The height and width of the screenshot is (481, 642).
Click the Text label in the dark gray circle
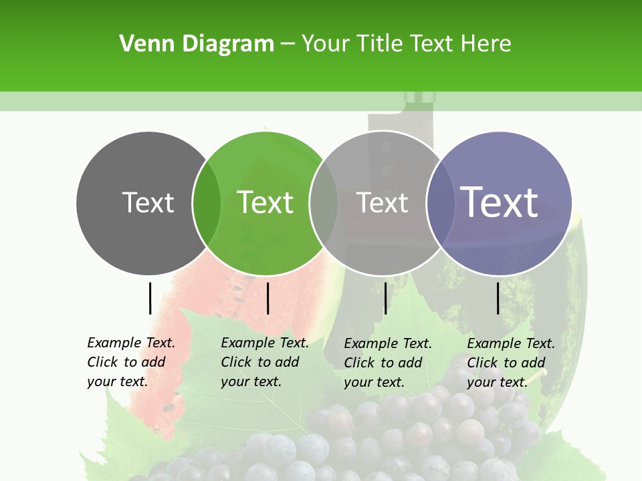[x=148, y=202]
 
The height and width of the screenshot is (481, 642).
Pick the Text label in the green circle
[x=265, y=202]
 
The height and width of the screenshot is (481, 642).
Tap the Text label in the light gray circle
[x=382, y=202]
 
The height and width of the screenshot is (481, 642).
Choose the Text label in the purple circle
[x=499, y=202]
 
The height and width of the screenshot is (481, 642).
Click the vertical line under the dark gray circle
[x=150, y=298]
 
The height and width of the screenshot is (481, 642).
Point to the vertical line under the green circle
[x=267, y=298]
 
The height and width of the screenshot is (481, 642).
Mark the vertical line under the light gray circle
[x=385, y=298]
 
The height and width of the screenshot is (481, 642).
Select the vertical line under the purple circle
[x=498, y=298]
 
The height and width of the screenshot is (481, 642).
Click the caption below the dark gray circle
[x=131, y=362]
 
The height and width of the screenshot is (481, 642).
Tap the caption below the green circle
[x=265, y=362]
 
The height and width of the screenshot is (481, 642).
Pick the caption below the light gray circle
[x=388, y=363]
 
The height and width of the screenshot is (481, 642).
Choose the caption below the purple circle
[x=511, y=363]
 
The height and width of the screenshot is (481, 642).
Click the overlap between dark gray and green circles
[x=207, y=202]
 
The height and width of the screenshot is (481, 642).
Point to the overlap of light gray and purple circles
[x=439, y=202]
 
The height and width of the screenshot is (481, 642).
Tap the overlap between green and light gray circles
[x=324, y=202]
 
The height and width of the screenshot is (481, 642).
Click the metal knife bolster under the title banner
[x=420, y=100]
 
